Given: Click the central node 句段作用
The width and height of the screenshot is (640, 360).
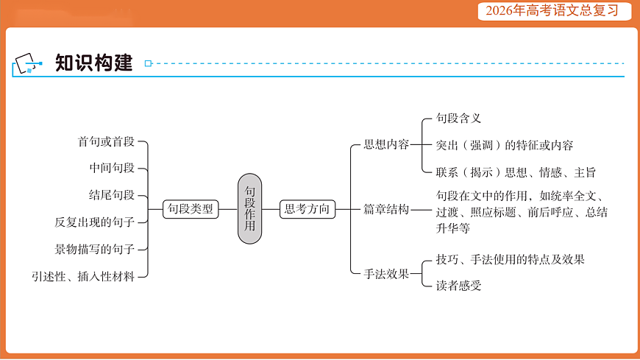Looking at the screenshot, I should point(249,209).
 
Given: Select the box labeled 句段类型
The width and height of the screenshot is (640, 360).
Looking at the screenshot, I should point(191,209).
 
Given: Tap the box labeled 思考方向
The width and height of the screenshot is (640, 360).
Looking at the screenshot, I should point(307,209).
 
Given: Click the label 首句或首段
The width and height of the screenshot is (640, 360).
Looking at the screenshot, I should point(107,142).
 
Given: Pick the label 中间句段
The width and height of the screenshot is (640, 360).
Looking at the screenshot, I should point(113,168).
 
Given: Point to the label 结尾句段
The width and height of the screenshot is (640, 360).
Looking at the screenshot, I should point(113,194).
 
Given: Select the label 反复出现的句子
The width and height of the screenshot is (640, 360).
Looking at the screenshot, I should point(95,222).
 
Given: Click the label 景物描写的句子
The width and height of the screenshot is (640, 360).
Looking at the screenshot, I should point(95,249).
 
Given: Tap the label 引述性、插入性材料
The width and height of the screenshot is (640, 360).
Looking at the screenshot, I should point(83,277).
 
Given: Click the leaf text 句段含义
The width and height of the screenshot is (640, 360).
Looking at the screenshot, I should point(458,118).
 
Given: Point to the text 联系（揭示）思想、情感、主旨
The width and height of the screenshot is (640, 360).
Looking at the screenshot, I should point(515,172).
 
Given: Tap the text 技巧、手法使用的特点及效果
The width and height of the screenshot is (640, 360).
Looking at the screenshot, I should point(510,259).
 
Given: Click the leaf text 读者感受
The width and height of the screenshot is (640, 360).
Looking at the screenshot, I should point(458,286).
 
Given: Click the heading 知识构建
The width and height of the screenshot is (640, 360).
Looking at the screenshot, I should point(93,64).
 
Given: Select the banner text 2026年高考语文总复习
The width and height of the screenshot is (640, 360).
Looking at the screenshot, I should point(547,11).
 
